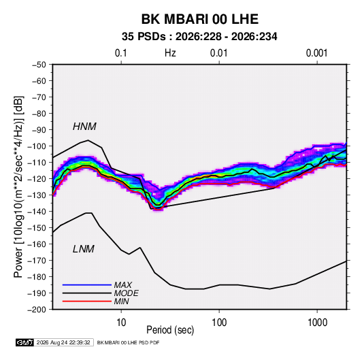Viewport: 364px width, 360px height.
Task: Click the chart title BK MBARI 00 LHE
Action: point(200,19)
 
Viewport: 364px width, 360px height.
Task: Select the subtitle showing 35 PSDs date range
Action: point(199,37)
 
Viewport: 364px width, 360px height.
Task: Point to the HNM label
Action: point(84,127)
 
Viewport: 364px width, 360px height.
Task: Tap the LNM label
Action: point(84,249)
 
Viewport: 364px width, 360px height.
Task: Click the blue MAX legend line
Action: point(87,285)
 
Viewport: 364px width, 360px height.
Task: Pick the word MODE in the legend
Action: point(127,293)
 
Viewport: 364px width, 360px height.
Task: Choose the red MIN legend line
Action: point(87,301)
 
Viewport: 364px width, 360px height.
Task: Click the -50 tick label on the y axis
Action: point(39,65)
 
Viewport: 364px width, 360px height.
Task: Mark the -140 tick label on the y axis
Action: point(37,212)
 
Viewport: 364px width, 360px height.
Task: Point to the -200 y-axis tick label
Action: point(37,310)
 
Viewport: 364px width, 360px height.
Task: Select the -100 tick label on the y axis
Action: point(37,146)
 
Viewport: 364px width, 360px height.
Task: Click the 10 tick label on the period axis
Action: point(121,323)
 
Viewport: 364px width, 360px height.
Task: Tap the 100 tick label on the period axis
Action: point(219,323)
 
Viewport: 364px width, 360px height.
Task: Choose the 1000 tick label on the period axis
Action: point(317,323)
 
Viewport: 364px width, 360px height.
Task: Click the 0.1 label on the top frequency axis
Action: point(121,53)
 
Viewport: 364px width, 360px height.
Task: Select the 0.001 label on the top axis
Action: point(316,53)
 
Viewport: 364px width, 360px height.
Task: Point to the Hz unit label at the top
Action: point(170,53)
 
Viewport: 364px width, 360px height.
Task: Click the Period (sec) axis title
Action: point(170,330)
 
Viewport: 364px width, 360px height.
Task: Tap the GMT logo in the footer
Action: point(25,342)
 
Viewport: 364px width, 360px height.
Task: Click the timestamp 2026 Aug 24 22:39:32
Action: point(63,342)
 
